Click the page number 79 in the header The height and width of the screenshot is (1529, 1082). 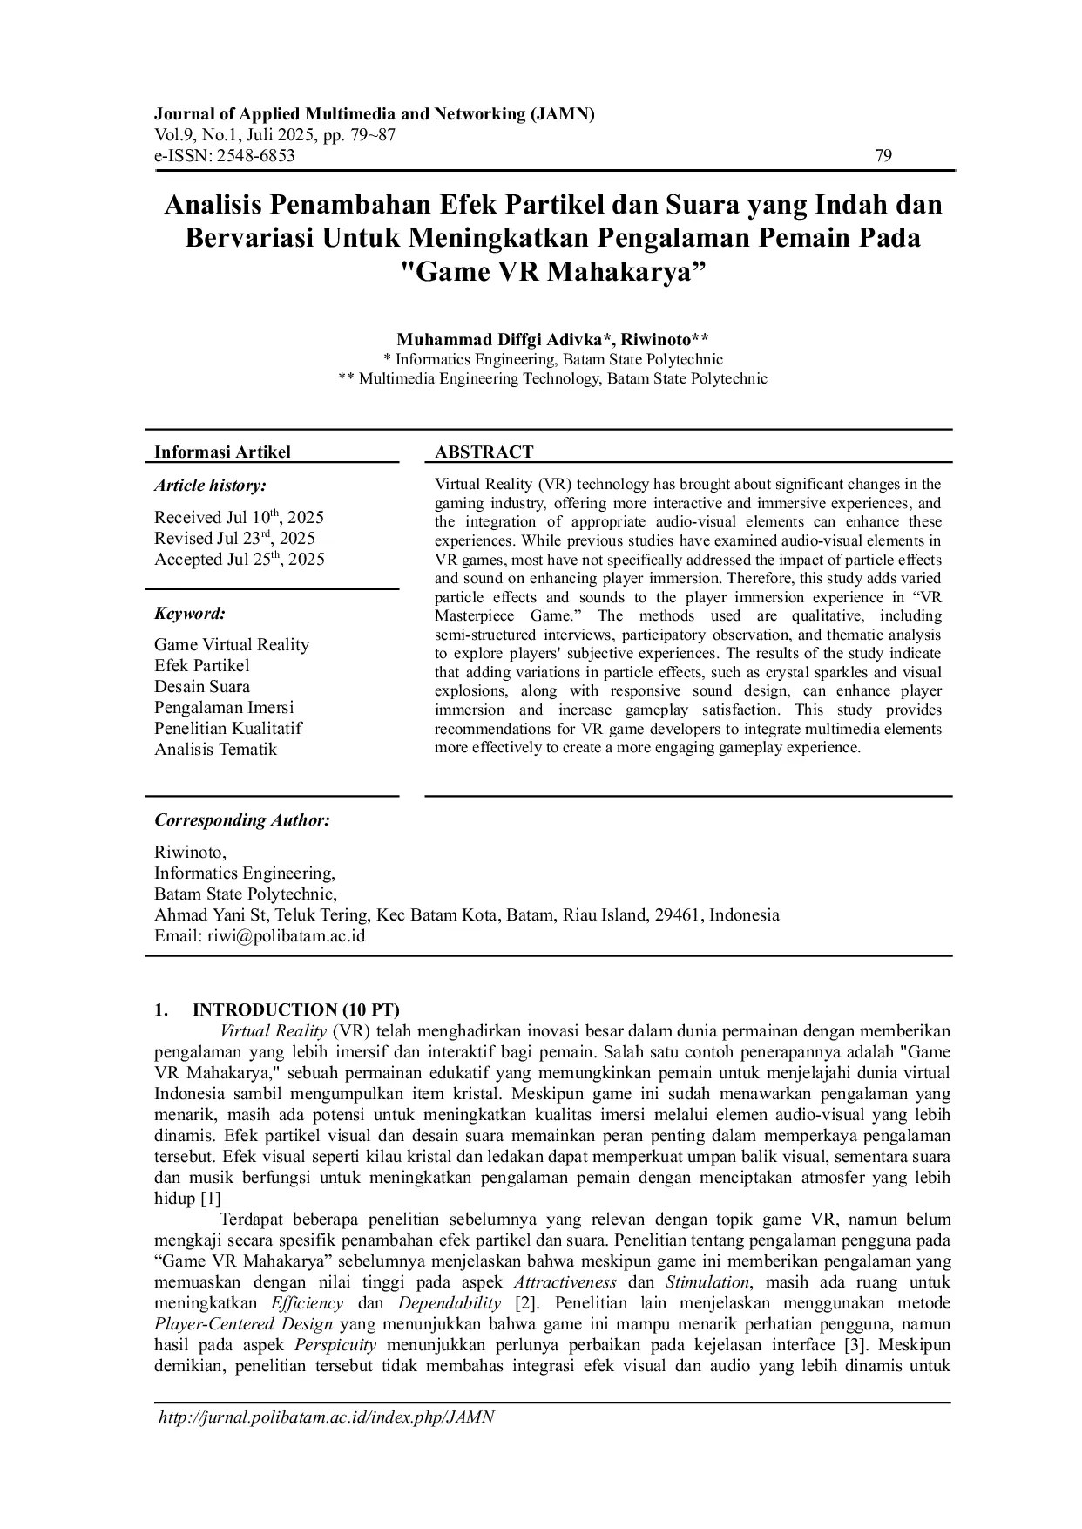point(883,156)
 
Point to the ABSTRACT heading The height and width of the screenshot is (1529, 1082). point(484,452)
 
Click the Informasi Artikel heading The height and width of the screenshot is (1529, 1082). point(222,452)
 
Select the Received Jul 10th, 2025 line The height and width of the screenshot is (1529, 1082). point(239,517)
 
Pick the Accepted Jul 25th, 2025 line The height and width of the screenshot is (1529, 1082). point(239,560)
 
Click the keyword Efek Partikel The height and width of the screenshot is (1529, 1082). point(202,665)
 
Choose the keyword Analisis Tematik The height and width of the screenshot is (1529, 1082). point(215,749)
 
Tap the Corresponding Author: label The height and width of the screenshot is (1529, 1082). point(241,819)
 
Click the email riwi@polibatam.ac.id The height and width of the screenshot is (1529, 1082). point(286,936)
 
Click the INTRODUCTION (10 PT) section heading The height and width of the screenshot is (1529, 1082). point(295,1009)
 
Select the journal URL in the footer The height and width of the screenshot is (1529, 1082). point(326,1417)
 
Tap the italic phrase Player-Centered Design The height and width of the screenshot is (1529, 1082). point(243,1324)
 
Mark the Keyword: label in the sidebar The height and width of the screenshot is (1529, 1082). point(190,613)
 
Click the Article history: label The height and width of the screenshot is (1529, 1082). point(210,486)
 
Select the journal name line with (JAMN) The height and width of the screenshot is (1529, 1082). point(374,114)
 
